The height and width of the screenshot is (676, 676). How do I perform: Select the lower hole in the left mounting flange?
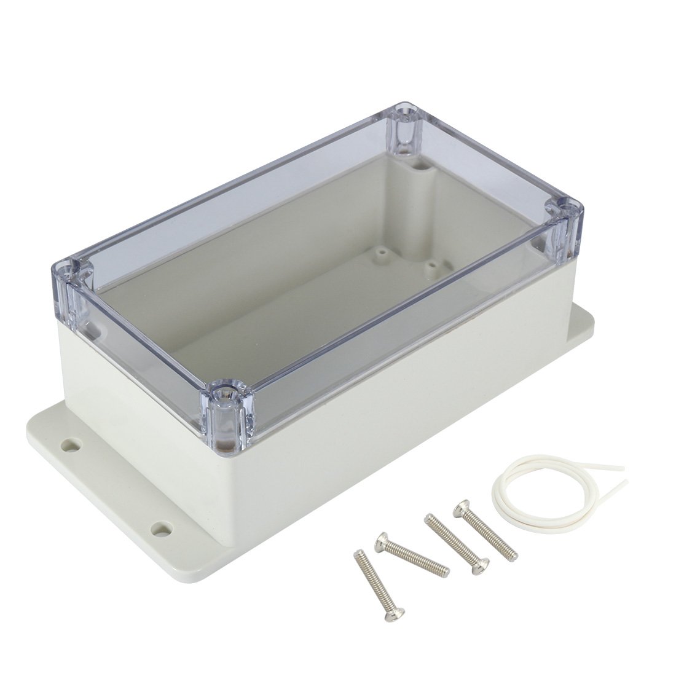coord(161,527)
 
